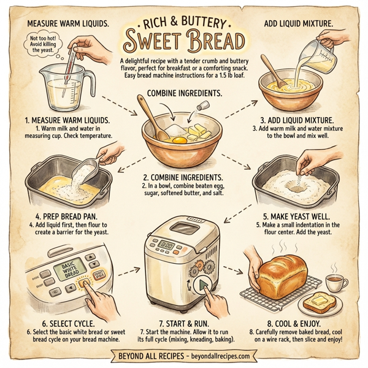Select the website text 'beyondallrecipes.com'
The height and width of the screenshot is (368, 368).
click(215, 356)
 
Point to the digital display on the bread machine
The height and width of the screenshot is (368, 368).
click(167, 244)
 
